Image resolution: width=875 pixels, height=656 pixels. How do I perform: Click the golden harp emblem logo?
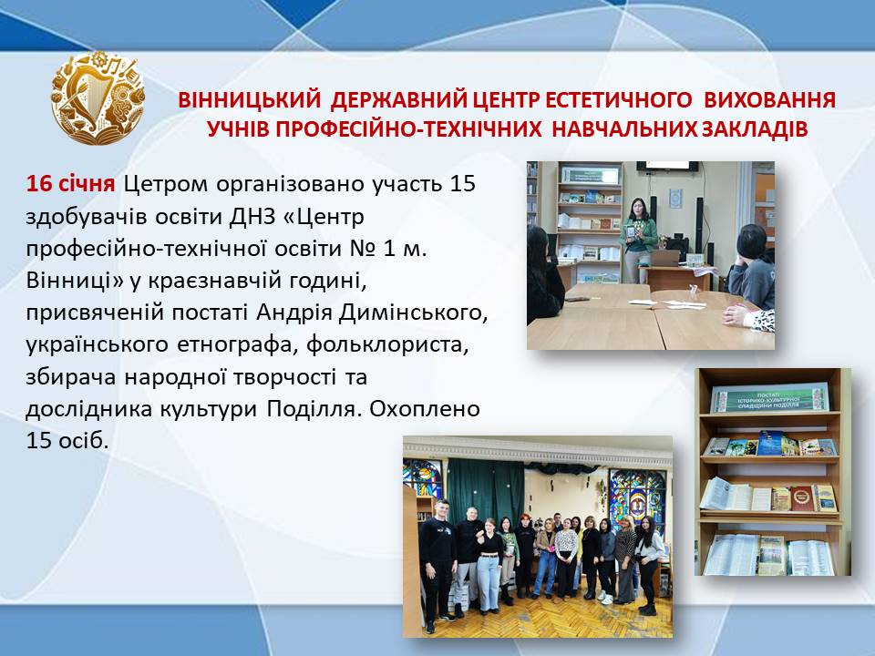click(98, 97)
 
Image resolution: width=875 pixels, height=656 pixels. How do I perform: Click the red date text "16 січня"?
click(70, 183)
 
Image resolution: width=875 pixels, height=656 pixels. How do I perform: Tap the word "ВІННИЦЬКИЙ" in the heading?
click(250, 100)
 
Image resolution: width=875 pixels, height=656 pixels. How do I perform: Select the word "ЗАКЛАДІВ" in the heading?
click(754, 128)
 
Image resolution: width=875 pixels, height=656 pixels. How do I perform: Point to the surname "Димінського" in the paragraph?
click(414, 313)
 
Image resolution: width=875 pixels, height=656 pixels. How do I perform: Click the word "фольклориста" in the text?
click(387, 344)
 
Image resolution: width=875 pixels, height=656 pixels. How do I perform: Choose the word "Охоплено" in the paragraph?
click(425, 409)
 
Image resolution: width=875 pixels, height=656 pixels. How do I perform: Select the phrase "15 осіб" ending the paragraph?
click(67, 441)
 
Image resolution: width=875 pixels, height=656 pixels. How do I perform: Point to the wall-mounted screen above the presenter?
click(667, 166)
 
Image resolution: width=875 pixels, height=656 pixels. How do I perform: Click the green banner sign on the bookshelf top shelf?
click(769, 398)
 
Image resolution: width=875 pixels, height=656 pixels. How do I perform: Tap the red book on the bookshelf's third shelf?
click(801, 497)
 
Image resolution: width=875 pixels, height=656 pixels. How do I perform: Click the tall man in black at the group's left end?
click(438, 565)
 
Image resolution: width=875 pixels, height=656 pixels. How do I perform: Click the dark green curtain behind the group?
click(486, 491)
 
